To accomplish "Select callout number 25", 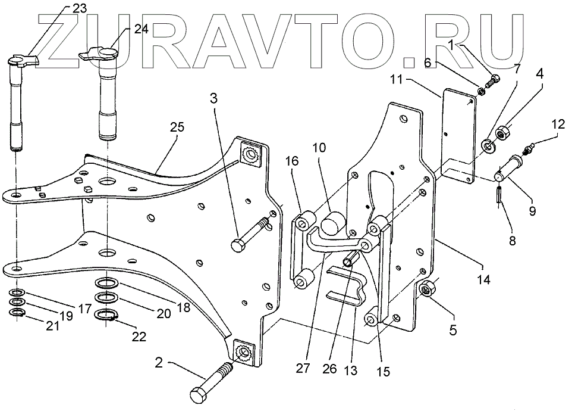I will coord(177,127).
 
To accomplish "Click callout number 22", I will coord(139,337).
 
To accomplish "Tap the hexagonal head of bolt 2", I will coord(199,396).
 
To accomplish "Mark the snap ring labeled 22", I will coord(106,315).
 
